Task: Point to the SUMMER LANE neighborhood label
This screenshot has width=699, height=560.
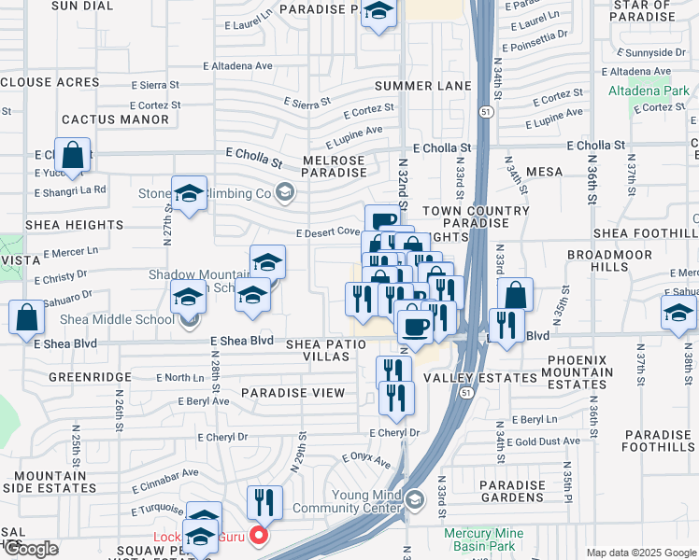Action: (x=422, y=86)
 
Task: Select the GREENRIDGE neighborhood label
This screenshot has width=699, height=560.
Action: (x=91, y=378)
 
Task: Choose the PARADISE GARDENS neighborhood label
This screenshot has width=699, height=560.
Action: (x=512, y=492)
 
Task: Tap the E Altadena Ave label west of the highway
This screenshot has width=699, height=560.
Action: (x=239, y=66)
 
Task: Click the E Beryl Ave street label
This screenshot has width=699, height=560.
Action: (x=204, y=400)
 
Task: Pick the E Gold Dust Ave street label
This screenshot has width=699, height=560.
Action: (x=547, y=441)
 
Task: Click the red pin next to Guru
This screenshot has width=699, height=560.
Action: (x=260, y=536)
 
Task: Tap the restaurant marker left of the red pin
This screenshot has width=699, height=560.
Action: (x=264, y=502)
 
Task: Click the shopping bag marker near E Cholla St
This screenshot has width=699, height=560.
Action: (x=73, y=154)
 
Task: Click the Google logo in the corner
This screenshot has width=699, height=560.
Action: (x=30, y=550)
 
